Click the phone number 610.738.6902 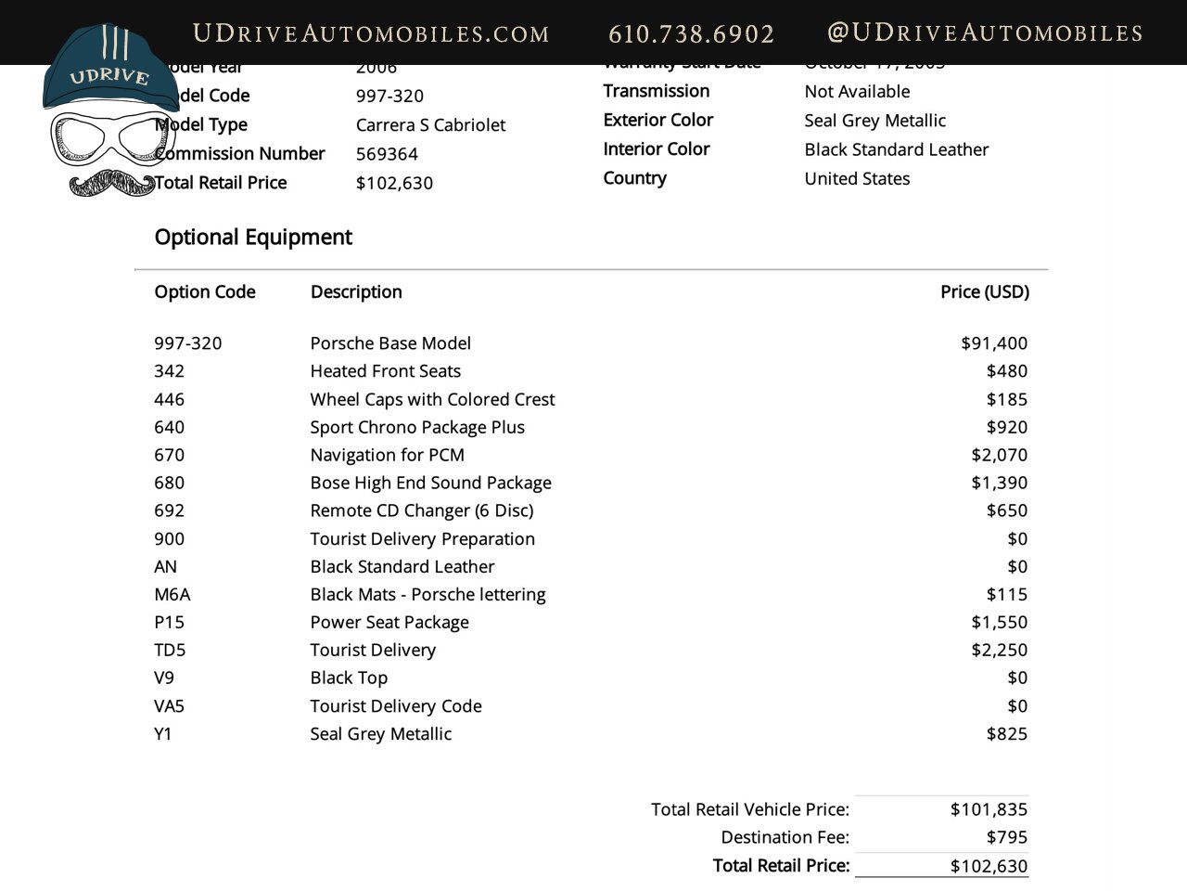(x=691, y=34)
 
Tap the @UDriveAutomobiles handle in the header (x=984, y=33)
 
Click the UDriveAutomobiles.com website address (x=371, y=34)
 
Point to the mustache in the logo (x=112, y=183)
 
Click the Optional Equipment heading (x=253, y=237)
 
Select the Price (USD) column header (x=984, y=291)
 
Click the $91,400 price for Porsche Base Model (x=994, y=343)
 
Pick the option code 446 (x=170, y=399)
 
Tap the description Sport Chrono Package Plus (x=417, y=427)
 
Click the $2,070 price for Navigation (x=999, y=455)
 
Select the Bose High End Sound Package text (x=430, y=483)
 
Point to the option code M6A (x=172, y=594)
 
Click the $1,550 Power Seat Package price (x=999, y=622)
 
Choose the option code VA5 (x=170, y=706)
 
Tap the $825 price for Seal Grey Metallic (x=1006, y=734)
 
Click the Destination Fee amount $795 (x=1006, y=837)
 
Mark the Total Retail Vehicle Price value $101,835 (x=989, y=809)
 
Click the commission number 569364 (x=387, y=154)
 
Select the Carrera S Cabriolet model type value (x=430, y=125)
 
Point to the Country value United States (x=857, y=178)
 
